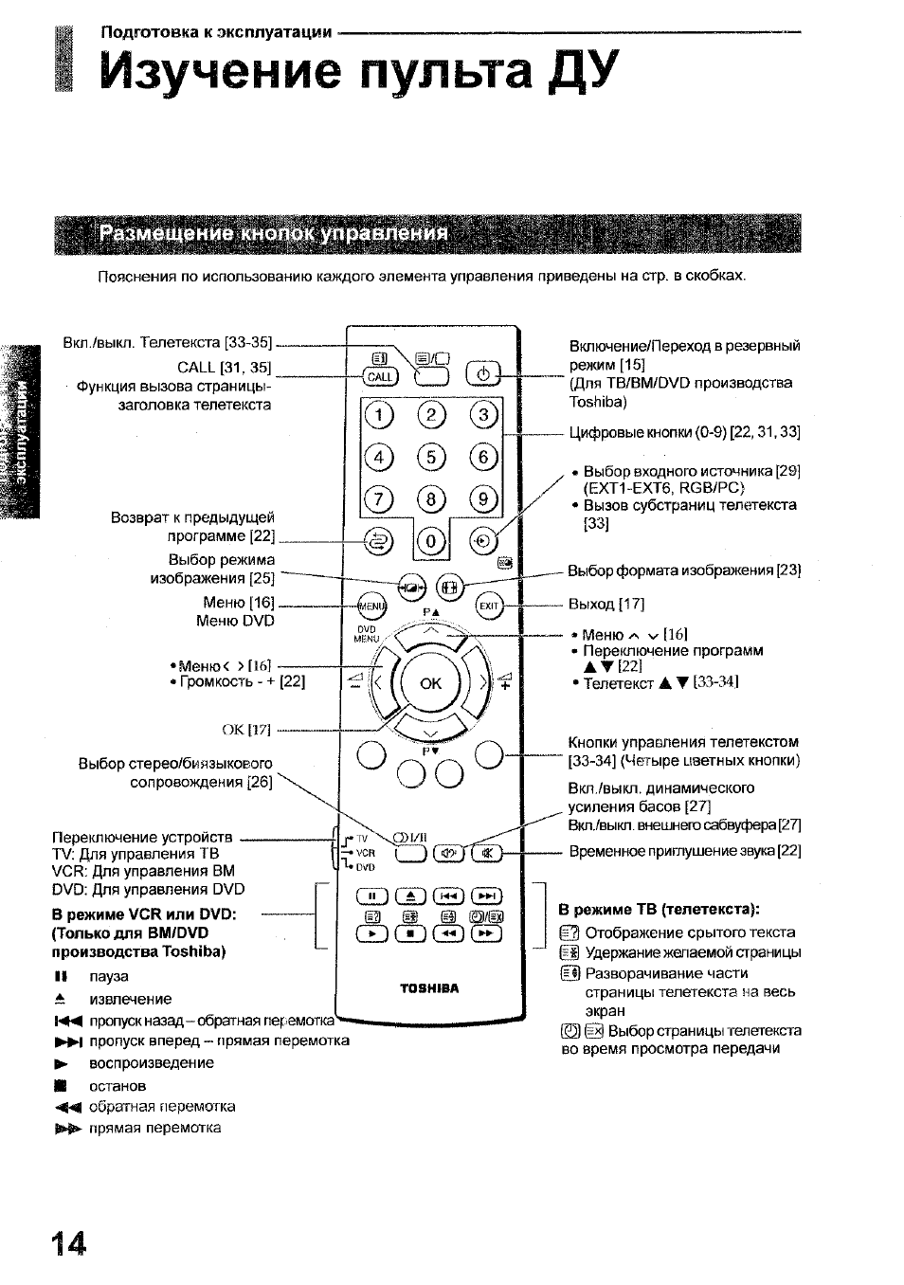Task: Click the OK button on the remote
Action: click(x=430, y=682)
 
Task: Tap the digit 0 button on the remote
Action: click(x=431, y=542)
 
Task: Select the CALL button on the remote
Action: click(x=379, y=376)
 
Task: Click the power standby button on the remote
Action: click(x=483, y=375)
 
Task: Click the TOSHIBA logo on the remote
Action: click(x=428, y=988)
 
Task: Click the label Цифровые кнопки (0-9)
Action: click(x=684, y=432)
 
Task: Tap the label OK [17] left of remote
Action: click(x=245, y=730)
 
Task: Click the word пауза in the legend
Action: click(x=109, y=976)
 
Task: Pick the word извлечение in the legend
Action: click(x=130, y=999)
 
